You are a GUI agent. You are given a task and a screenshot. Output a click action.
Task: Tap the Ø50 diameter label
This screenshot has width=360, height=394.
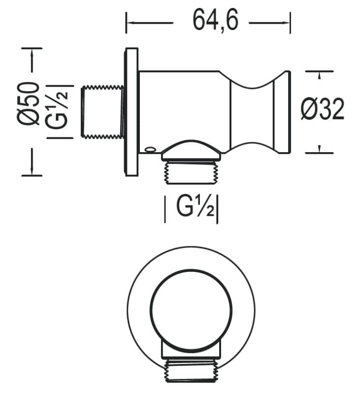tap(29, 104)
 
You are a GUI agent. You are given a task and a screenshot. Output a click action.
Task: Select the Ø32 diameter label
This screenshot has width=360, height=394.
tap(322, 109)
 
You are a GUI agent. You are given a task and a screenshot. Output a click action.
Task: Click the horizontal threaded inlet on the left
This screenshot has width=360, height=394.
tap(102, 112)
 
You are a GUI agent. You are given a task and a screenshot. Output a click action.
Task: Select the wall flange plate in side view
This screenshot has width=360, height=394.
tap(131, 112)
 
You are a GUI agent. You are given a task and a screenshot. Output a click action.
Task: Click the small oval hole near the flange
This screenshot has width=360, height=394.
tap(150, 150)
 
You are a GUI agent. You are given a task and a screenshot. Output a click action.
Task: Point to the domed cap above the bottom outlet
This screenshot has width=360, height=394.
tap(191, 150)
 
